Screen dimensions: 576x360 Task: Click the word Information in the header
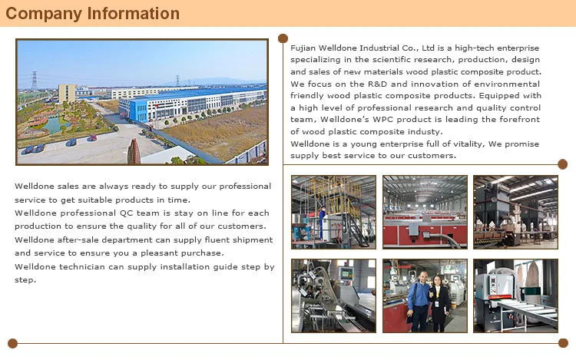pos(134,13)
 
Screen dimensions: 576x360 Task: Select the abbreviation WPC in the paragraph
pos(382,119)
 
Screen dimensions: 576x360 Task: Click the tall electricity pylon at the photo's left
pos(34,81)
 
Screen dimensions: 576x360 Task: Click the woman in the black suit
pos(439,303)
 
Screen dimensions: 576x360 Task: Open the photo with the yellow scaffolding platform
pos(333,212)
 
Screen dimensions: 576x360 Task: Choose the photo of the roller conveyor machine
pos(515,296)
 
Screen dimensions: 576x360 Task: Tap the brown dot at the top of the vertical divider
pos(283,38)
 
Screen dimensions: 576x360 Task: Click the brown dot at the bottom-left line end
pos(12,343)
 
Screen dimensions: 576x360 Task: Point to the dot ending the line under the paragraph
pos(562,164)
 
